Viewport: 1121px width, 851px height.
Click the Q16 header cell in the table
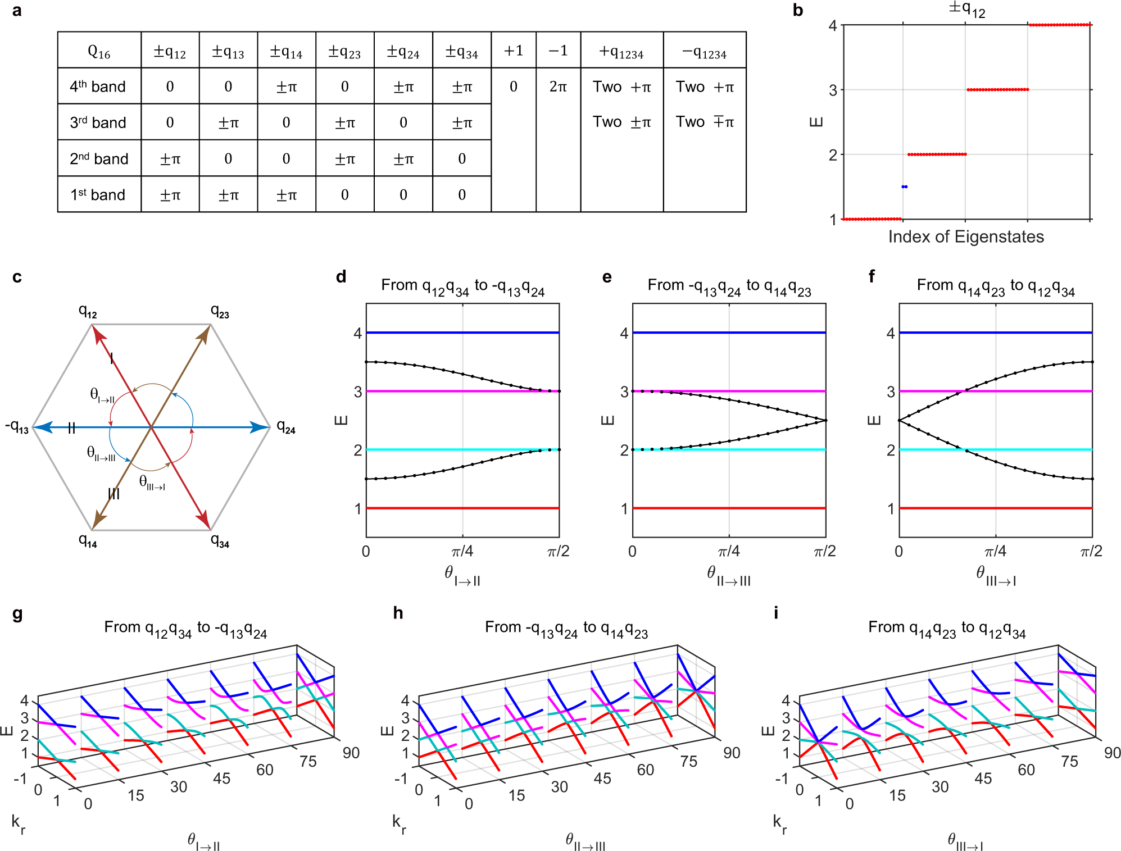(x=99, y=51)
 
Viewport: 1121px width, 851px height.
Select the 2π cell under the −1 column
(x=557, y=87)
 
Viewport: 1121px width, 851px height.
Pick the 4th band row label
(x=98, y=87)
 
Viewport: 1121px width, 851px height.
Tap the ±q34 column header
(x=461, y=51)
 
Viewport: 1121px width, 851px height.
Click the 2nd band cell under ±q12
(x=170, y=159)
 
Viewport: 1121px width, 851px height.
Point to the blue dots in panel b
(x=904, y=186)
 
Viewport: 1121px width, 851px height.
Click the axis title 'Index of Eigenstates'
(x=965, y=236)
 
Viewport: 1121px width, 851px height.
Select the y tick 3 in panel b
(x=833, y=90)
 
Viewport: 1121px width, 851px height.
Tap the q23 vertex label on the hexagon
(x=220, y=311)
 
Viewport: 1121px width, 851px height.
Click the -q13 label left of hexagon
(x=17, y=427)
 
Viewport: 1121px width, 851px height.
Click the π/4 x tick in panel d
(x=462, y=551)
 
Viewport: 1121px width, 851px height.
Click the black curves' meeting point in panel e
(x=825, y=420)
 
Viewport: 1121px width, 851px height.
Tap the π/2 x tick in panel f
(x=1091, y=551)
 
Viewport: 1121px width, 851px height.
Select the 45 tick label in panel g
(x=221, y=778)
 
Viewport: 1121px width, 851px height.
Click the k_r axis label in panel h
(x=399, y=823)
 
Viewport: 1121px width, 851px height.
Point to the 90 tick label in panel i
(x=1112, y=753)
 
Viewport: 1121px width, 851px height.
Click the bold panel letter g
(x=17, y=613)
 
